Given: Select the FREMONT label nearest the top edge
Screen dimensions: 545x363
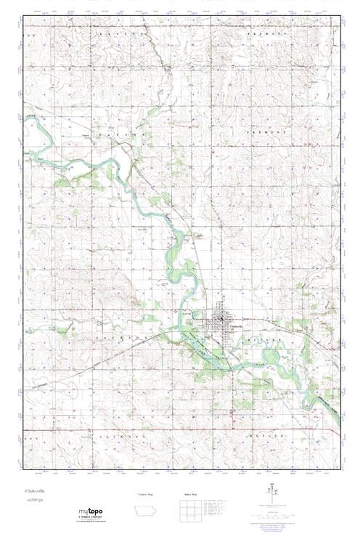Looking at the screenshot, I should (260, 34).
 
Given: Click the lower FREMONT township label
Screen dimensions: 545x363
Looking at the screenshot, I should (260, 134).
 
